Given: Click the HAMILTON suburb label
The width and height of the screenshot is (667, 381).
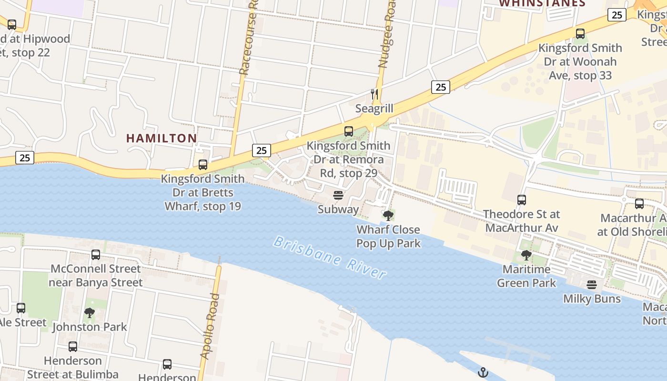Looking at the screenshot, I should coord(162,138).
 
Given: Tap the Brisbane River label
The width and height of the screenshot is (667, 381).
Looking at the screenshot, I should coord(330,258).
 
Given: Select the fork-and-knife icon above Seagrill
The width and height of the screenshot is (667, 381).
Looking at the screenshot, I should coord(374,94).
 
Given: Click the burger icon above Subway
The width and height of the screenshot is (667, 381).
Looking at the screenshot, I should coord(338,195).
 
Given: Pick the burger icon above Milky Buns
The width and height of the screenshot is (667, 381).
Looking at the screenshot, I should coord(592,285).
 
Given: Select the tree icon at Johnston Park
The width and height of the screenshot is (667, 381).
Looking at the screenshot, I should coord(89,313).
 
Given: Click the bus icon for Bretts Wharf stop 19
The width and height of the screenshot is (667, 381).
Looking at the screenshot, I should coord(203,165).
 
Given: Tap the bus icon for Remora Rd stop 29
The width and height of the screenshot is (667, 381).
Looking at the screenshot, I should coord(349,131).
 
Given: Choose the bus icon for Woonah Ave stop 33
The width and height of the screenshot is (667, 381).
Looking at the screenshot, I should coord(580,34).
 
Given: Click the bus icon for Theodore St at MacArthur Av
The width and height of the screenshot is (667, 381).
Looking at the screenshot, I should coord(522,200).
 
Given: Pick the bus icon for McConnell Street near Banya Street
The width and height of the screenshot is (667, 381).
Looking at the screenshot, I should coord(96,255).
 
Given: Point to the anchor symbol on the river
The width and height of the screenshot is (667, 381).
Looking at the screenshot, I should coord(484,372).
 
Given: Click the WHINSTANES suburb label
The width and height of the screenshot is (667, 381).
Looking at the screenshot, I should coord(542,3).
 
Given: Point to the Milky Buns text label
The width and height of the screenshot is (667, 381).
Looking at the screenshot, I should coord(592,299).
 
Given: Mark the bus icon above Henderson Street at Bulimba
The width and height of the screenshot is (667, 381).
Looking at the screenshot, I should coord(73,347).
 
